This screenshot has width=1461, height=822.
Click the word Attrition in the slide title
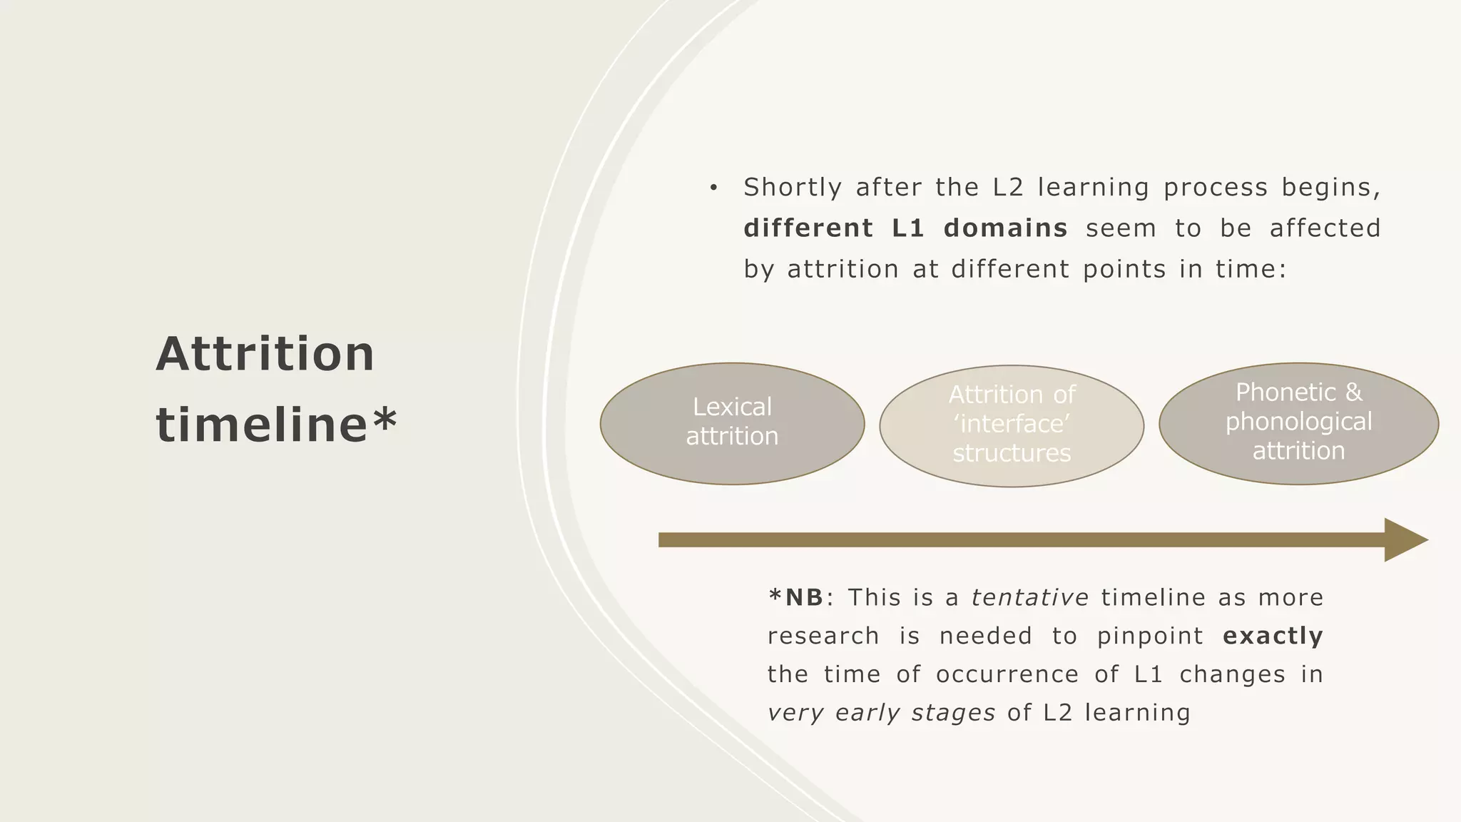coord(265,354)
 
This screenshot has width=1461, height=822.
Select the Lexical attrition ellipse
coord(732,423)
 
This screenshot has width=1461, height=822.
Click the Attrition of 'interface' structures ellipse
coord(1012,426)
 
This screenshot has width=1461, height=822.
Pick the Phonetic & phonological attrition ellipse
coord(1298,423)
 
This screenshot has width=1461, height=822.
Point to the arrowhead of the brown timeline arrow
coord(1404,540)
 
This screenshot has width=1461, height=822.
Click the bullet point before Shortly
coord(713,188)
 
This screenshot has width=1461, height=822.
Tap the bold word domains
coord(1005,228)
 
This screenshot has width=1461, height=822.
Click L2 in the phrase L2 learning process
coord(1007,188)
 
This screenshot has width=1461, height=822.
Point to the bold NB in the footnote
coord(804,597)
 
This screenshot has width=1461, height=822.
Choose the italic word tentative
coord(1029,597)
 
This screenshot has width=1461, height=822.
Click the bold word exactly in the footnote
coord(1273,636)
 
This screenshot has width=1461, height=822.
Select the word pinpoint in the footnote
coord(1149,636)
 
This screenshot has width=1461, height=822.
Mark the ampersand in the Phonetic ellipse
coord(1353,392)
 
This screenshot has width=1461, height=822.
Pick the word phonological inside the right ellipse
coord(1298,422)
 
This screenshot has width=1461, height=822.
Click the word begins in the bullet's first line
coord(1330,188)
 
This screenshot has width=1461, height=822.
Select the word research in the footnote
coord(823,636)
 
